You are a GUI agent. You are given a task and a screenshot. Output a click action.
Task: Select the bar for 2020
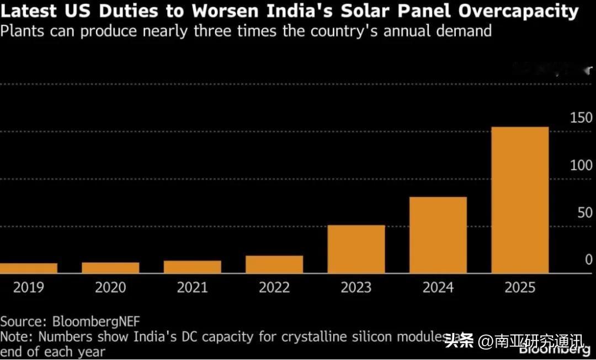click(x=110, y=268)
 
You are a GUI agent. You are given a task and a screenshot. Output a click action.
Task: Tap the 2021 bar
click(x=192, y=267)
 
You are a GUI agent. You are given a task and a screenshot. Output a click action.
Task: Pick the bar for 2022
click(x=274, y=264)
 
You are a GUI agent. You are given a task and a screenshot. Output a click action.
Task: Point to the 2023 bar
click(x=356, y=249)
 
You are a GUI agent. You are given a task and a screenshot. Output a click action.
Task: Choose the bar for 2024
click(x=438, y=235)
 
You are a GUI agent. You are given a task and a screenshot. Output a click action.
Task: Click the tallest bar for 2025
click(x=520, y=200)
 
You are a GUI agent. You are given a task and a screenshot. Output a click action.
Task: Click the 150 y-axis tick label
click(x=580, y=118)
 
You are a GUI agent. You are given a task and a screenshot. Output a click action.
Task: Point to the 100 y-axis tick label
click(x=580, y=166)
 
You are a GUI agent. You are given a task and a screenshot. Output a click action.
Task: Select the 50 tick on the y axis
click(x=584, y=213)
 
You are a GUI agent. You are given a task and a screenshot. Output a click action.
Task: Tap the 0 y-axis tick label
click(x=589, y=260)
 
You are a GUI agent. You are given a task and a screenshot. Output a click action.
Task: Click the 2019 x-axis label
click(x=29, y=288)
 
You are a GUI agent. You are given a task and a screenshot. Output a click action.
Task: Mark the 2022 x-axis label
click(x=274, y=288)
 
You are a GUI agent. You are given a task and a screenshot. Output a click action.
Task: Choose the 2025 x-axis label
click(x=520, y=288)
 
